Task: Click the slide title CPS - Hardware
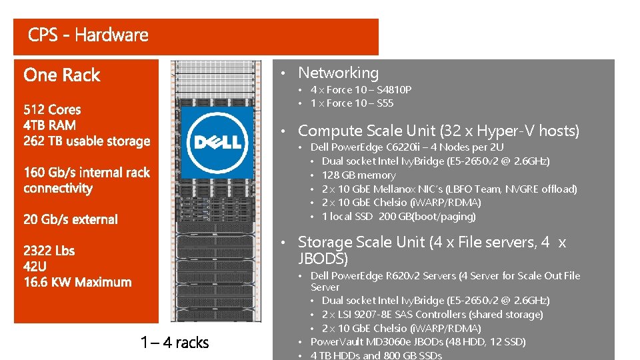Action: [x=88, y=35]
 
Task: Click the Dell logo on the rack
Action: [x=217, y=142]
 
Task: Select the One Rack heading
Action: [x=61, y=75]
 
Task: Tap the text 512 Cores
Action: [x=52, y=110]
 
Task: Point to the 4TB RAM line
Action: [x=49, y=125]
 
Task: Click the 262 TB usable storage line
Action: [x=87, y=141]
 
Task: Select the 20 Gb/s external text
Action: [x=70, y=219]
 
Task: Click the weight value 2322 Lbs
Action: [x=49, y=251]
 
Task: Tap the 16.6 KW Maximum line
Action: [x=77, y=282]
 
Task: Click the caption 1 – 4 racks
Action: [x=175, y=343]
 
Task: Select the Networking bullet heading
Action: [x=338, y=73]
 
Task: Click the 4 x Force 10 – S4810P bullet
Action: [x=361, y=89]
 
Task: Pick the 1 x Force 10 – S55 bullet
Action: [x=352, y=103]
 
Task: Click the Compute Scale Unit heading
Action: [x=438, y=131]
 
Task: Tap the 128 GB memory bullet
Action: [x=358, y=175]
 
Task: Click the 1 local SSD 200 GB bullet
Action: [x=399, y=217]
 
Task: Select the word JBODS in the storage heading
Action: [x=323, y=259]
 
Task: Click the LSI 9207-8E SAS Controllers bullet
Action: [x=432, y=314]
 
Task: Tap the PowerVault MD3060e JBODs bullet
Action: [x=418, y=342]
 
